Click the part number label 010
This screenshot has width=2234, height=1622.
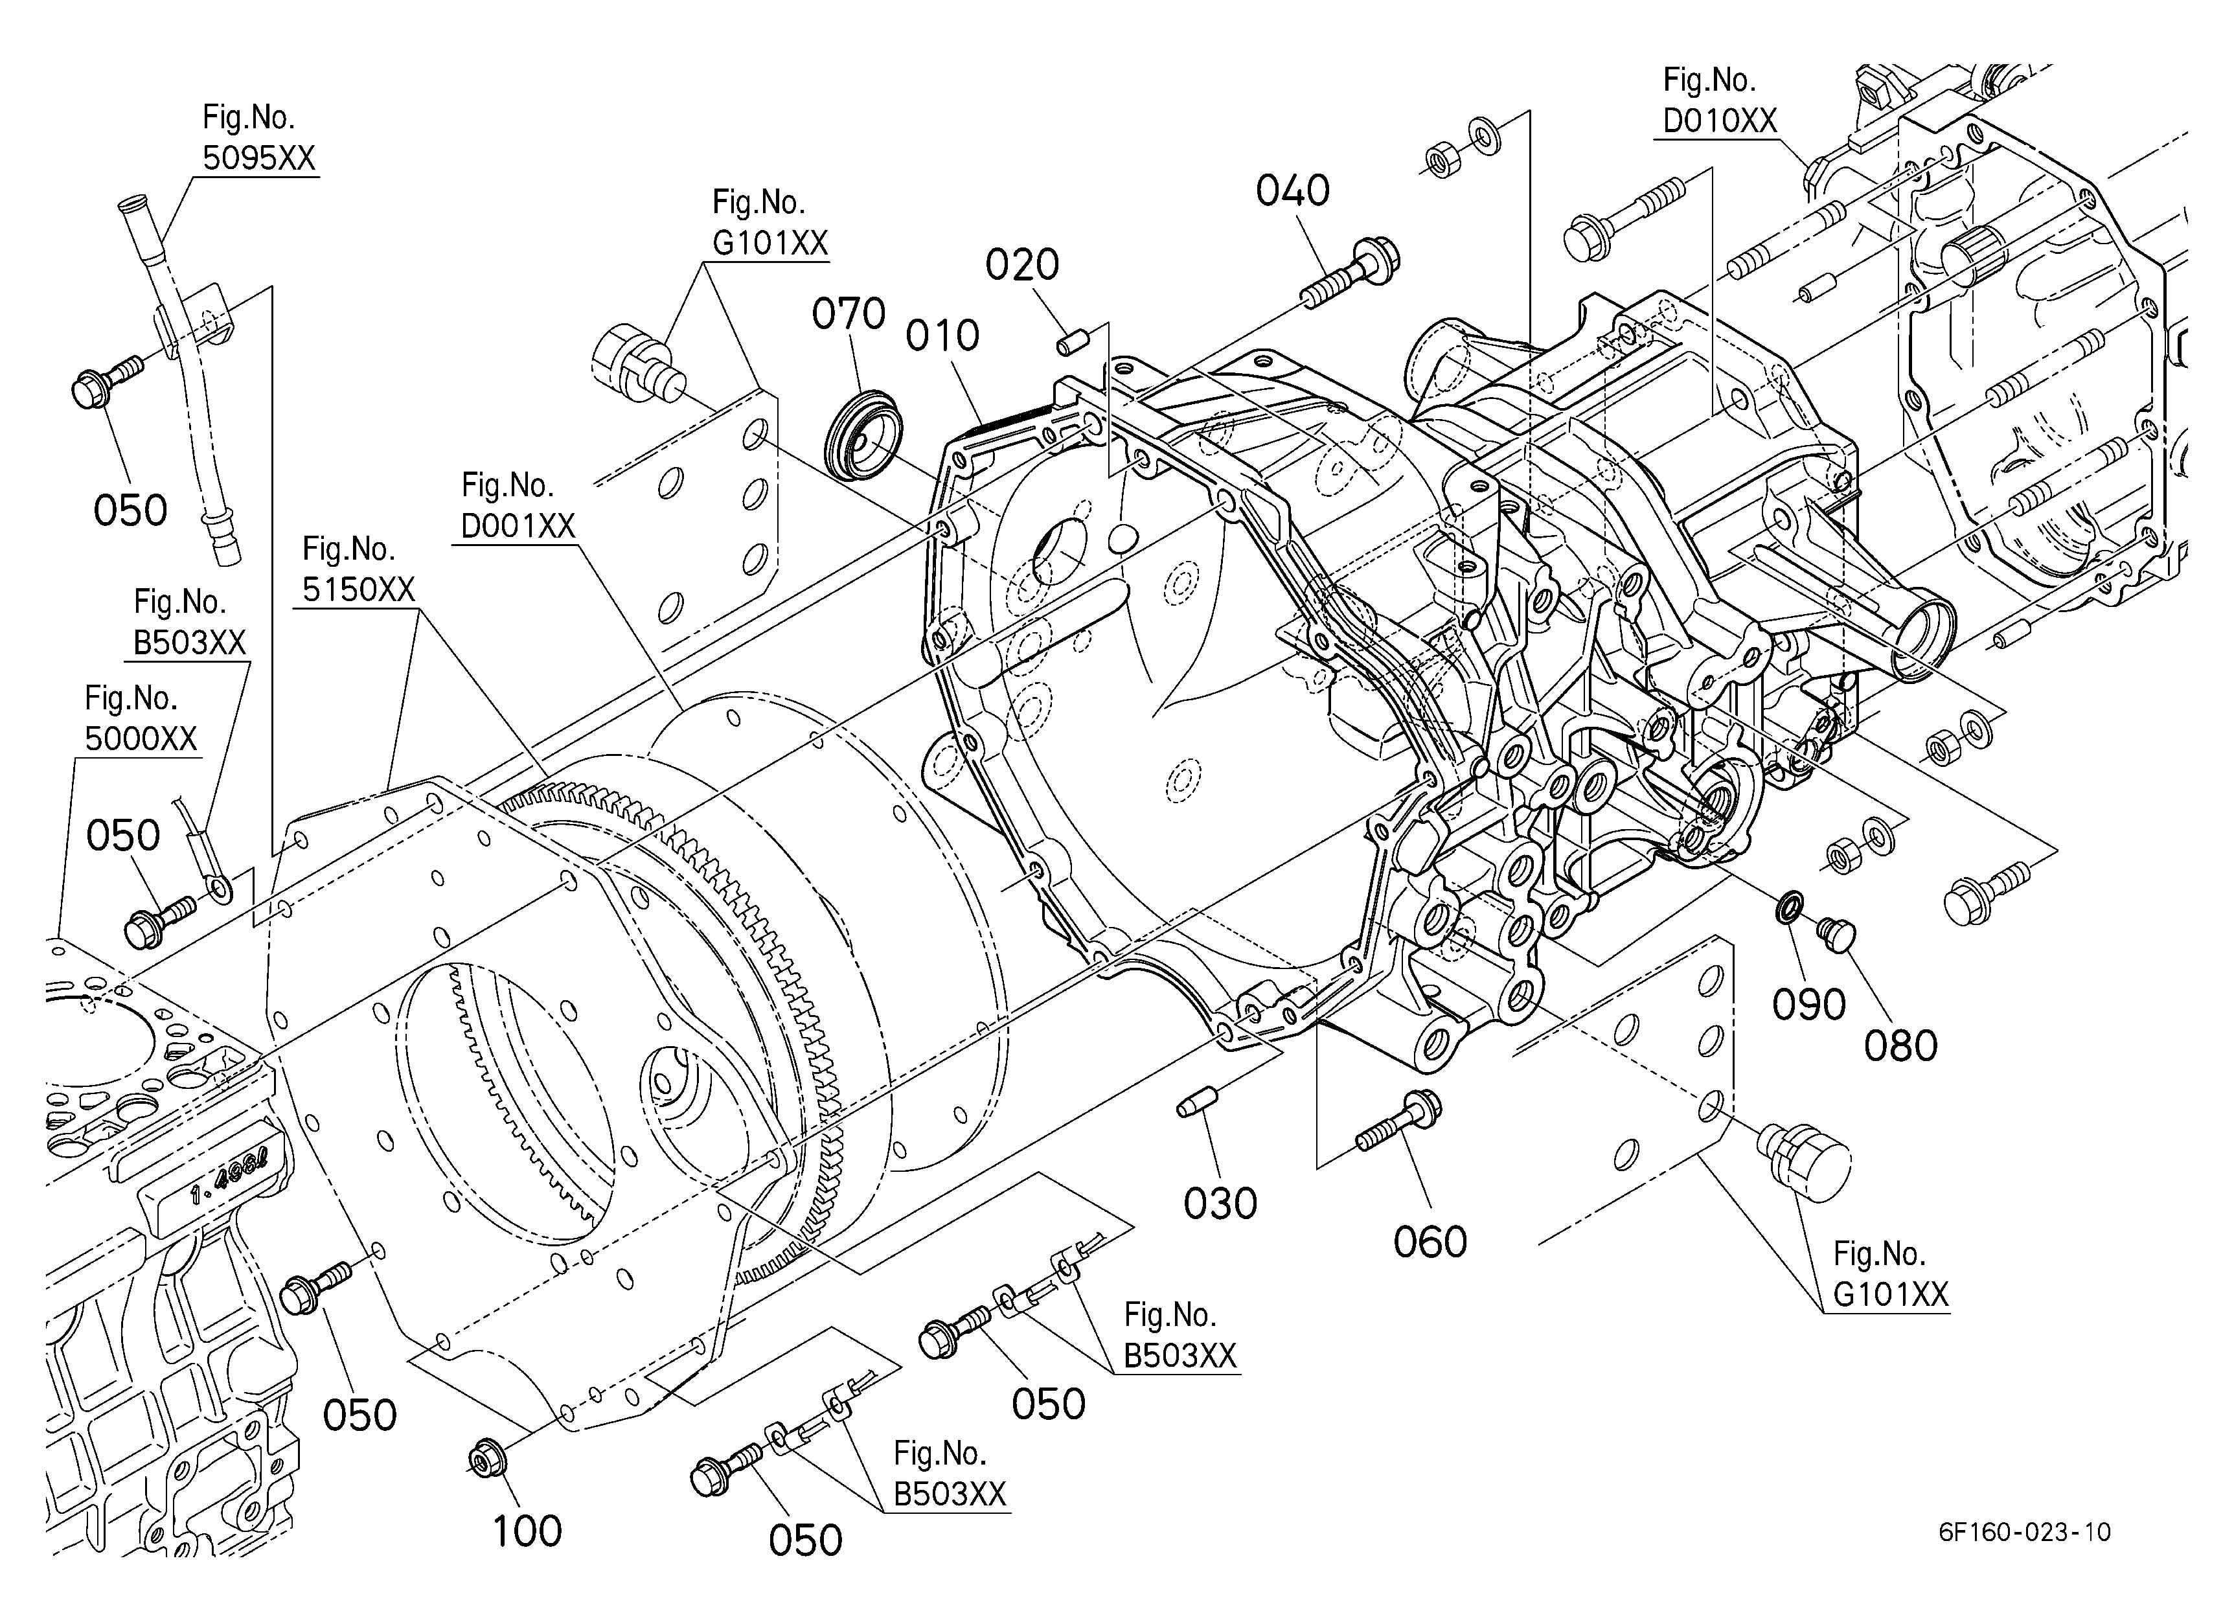[x=942, y=337]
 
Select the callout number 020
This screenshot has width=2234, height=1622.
[x=1023, y=265]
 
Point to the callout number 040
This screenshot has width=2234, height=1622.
[x=1292, y=191]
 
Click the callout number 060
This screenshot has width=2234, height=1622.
[x=1430, y=1242]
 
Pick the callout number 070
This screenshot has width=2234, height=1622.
[x=848, y=314]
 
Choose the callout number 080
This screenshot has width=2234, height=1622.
[x=1900, y=1047]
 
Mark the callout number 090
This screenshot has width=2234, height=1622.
[x=1808, y=1005]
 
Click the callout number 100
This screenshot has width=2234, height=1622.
[x=527, y=1531]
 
